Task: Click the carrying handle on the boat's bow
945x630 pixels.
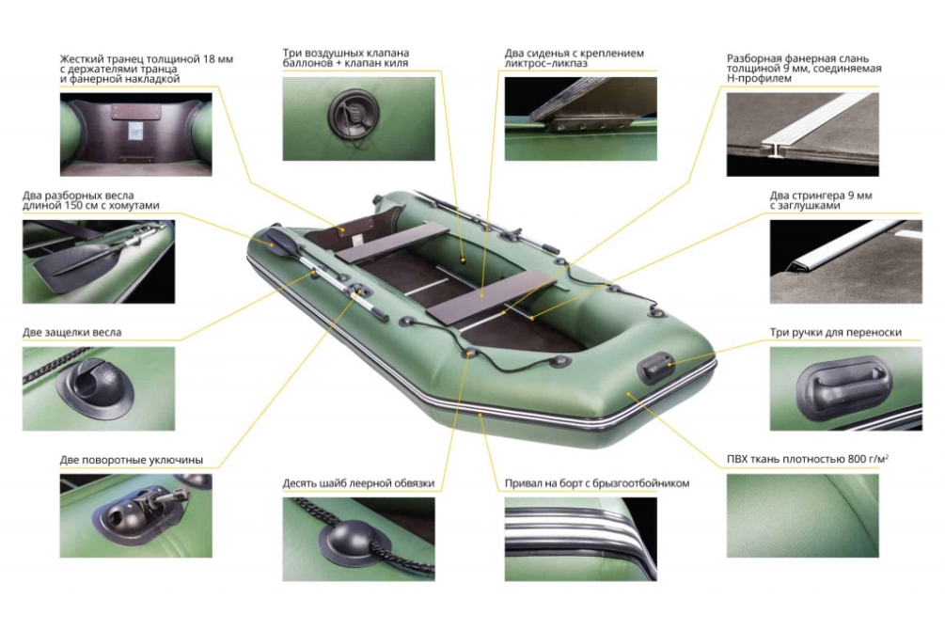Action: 655,367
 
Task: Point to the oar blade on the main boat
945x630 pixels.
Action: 277,241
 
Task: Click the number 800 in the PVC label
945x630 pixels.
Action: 857,459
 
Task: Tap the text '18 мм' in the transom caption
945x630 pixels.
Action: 216,59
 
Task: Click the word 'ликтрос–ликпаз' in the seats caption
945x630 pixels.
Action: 546,63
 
